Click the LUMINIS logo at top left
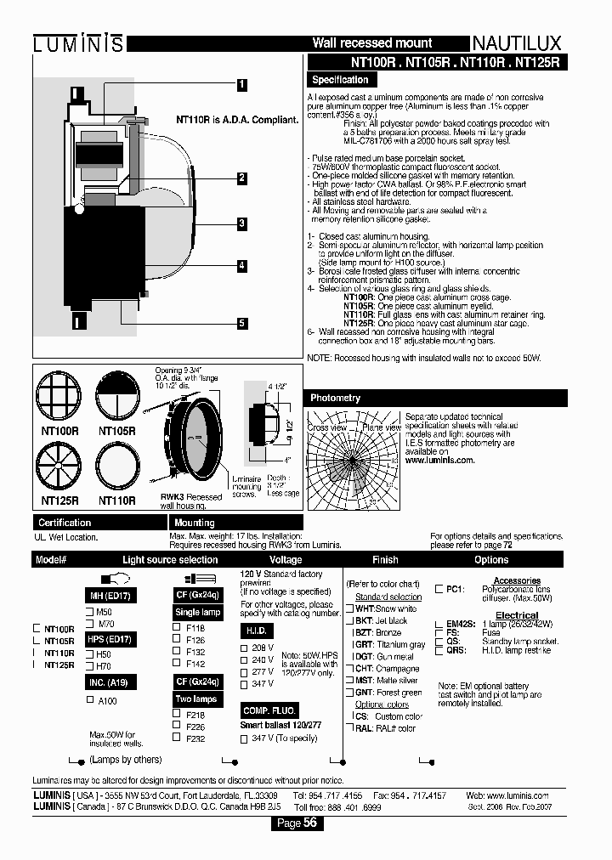(78, 43)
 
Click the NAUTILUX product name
(519, 43)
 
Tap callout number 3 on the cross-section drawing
(241, 223)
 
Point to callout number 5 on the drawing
(241, 323)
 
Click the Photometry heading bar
(336, 398)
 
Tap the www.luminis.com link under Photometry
(439, 460)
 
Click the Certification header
(65, 523)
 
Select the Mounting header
(195, 523)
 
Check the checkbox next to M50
(89, 611)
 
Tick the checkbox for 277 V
(246, 671)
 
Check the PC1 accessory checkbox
(439, 588)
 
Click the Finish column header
(385, 559)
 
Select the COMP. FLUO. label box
(268, 710)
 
